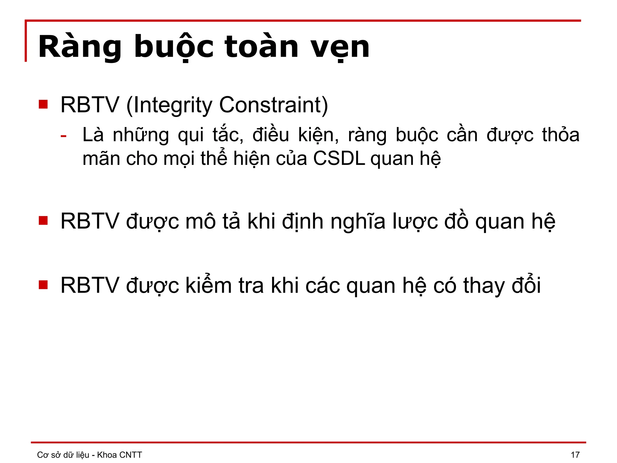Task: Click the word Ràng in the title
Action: pos(80,47)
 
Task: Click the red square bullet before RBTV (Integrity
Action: pos(43,104)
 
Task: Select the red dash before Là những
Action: pos(63,136)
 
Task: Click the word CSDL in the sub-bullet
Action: pos(339,159)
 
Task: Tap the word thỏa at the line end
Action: pos(561,135)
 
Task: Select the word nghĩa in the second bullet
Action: pos(358,222)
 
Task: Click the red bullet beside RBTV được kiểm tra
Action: pos(43,285)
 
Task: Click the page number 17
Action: pos(575,455)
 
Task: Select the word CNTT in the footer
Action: pos(130,455)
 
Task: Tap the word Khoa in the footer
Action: pos(107,455)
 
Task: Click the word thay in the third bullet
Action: pos(484,285)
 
